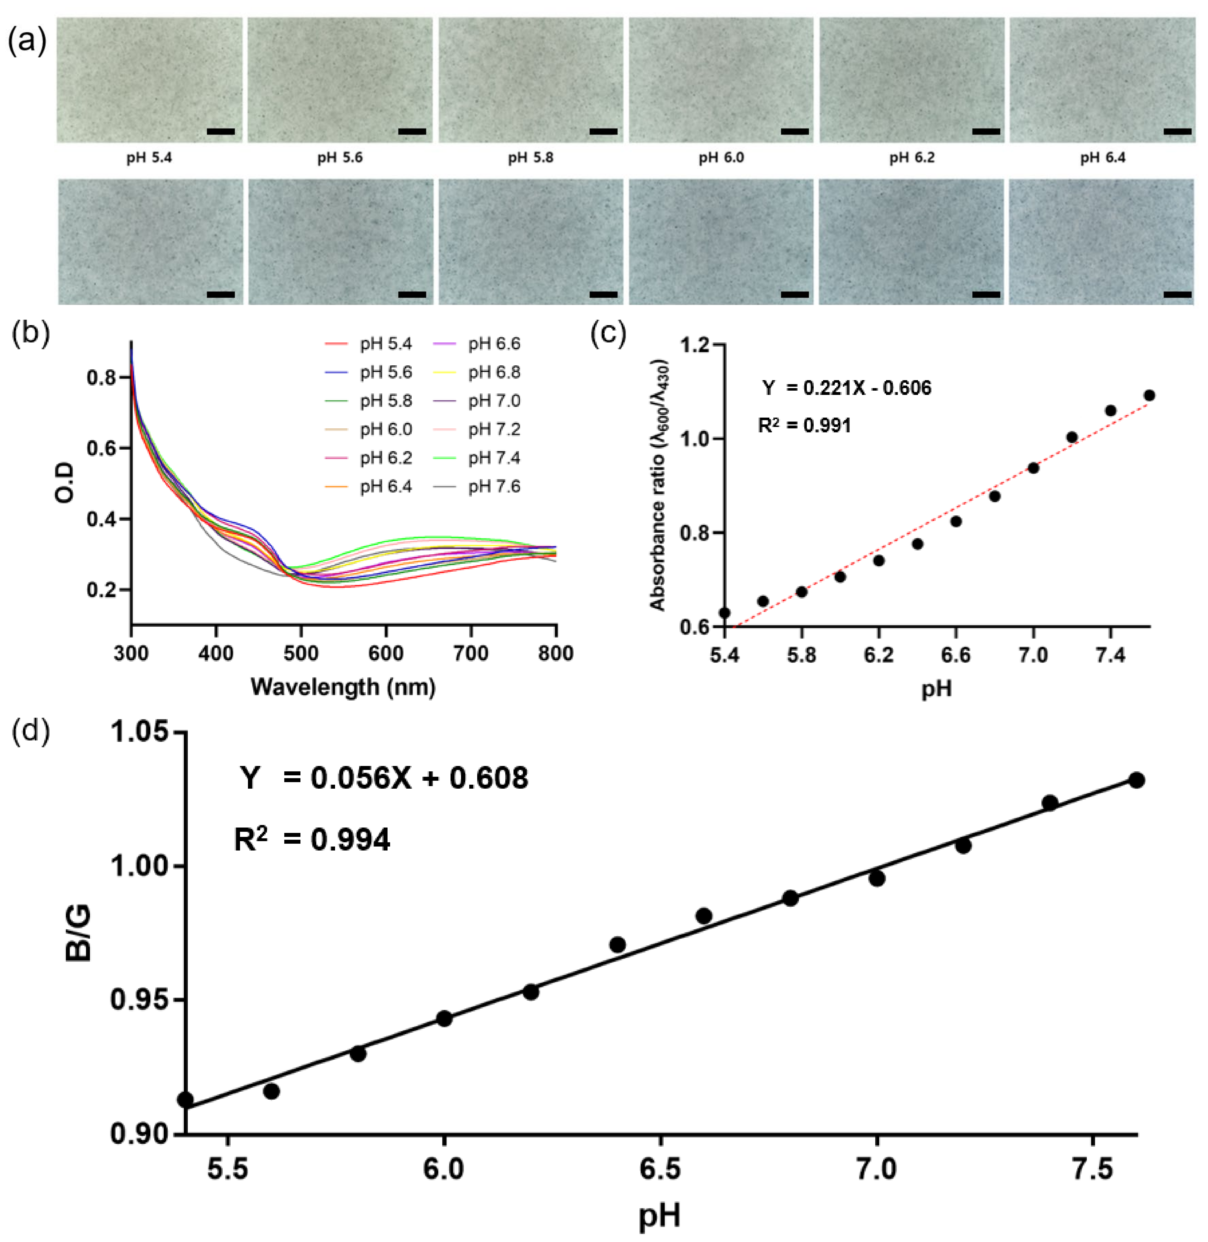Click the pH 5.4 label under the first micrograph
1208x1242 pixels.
149,157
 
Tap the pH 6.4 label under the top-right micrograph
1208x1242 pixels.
1103,157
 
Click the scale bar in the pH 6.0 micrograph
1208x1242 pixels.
794,131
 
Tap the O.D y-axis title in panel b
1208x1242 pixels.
64,483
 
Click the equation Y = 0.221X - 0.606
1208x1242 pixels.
846,388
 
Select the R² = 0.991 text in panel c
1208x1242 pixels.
805,425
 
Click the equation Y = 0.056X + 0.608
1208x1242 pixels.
384,778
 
